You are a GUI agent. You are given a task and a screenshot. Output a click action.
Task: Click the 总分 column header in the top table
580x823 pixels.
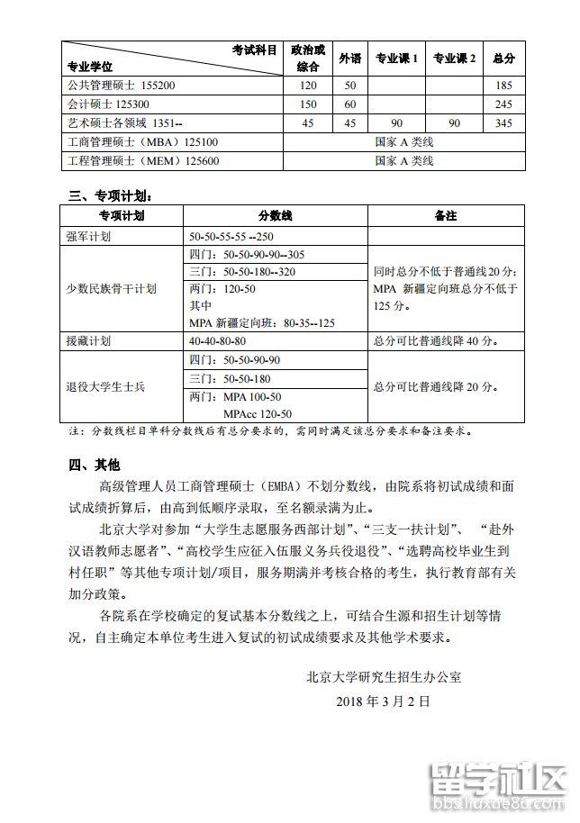504,59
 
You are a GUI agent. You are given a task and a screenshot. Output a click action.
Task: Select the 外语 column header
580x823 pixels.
349,59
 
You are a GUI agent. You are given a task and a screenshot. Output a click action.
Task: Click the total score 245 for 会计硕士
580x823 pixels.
504,104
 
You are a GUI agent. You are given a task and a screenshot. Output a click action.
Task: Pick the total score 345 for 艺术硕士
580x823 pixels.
504,123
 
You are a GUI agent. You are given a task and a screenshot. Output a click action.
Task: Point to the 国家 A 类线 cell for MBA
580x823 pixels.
403,142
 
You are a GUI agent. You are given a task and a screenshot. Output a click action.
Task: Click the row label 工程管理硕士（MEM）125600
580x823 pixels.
143,161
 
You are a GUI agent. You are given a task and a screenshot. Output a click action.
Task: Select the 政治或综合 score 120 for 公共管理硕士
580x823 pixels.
309,86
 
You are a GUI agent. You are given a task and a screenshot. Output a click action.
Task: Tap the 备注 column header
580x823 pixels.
445,216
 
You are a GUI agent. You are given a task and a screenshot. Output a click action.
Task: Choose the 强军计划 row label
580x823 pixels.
89,236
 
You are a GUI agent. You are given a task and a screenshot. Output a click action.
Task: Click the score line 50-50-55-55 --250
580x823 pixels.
231,236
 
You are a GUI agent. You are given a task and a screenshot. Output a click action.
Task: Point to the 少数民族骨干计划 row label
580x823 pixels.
112,289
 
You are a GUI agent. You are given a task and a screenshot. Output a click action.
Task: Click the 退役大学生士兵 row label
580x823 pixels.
105,386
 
